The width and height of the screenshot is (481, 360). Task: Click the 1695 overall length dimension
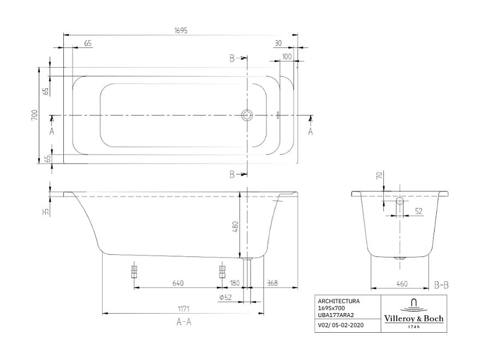180,31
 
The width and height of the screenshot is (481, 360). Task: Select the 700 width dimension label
34,115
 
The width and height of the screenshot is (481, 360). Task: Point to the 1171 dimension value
184,309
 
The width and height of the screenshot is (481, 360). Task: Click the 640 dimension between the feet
177,283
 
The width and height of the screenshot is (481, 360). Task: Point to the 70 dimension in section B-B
379,176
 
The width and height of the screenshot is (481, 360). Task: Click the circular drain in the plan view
247,115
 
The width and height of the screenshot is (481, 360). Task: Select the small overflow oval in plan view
278,115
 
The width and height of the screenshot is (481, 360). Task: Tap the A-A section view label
183,322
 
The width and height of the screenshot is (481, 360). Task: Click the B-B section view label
441,284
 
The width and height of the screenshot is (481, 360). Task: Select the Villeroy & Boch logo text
414,319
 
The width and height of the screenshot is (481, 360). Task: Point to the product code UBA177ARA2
335,315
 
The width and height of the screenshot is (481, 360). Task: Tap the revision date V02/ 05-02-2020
341,326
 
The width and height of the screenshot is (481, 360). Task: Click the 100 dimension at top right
287,57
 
